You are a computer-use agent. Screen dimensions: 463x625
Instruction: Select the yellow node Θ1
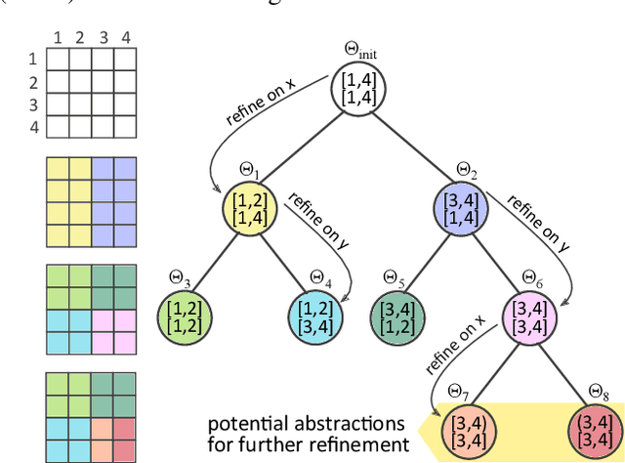click(253, 207)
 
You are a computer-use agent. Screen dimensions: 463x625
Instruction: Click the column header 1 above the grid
click(58, 38)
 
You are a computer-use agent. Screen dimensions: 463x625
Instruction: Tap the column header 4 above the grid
click(124, 38)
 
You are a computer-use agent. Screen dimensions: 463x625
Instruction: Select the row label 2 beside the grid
click(32, 82)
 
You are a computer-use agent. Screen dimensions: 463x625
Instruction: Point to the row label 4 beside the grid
click(32, 127)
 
